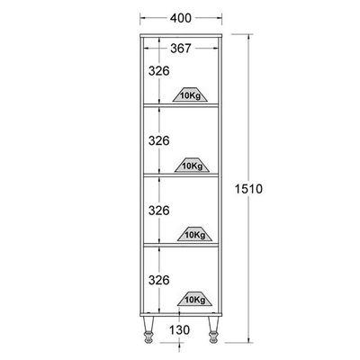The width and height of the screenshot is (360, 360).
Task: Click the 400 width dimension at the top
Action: (181, 18)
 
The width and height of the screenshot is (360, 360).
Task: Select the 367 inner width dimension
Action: (181, 48)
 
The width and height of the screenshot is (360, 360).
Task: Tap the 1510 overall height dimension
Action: (248, 189)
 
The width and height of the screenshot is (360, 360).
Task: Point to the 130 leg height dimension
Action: (180, 330)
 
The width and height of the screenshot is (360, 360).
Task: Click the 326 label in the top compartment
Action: (159, 71)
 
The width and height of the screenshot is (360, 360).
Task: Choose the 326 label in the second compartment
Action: (159, 140)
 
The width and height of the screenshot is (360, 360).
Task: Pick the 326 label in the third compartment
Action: (159, 211)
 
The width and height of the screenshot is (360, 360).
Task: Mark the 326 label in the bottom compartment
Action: (159, 280)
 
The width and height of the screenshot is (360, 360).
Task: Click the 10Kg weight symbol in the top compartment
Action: (191, 94)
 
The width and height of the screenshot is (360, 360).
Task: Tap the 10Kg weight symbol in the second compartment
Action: (193, 165)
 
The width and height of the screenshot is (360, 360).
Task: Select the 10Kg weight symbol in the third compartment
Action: (194, 234)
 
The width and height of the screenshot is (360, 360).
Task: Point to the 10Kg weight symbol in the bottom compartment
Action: (194, 299)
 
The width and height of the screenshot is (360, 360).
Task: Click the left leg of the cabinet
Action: (148, 329)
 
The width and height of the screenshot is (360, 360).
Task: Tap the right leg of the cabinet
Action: (213, 329)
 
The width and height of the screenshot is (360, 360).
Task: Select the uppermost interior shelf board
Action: (181, 105)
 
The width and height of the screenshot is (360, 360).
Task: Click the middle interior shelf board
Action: (181, 175)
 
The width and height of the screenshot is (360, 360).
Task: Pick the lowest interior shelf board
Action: (181, 245)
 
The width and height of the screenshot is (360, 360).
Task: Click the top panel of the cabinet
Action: (181, 35)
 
